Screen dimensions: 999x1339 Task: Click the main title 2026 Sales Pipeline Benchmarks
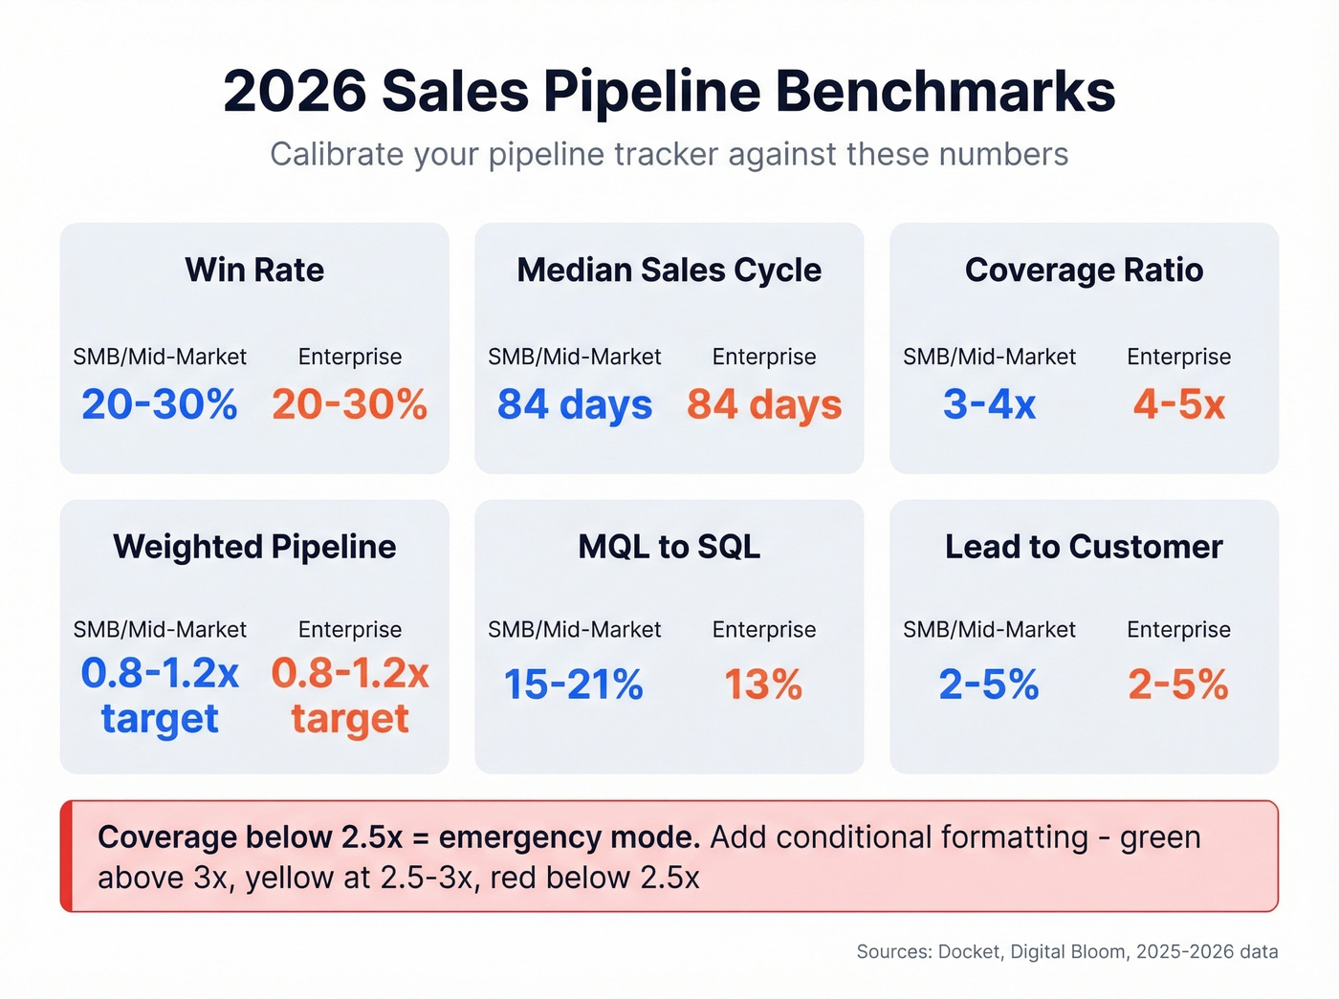669,92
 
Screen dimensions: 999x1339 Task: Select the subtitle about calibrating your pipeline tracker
669,154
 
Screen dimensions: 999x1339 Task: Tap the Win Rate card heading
254,270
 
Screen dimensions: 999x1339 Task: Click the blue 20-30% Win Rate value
160,404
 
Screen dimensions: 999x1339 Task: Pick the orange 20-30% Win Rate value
349,404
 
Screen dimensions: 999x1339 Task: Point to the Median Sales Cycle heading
669,270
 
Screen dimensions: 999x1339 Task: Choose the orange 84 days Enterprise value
764,404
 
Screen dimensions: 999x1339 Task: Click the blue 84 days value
574,404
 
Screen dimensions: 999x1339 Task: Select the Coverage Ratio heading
1084,270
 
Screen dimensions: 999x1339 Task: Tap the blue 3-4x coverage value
989,404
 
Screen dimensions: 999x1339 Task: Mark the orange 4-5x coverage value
1178,404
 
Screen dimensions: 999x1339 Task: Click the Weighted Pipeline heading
254,547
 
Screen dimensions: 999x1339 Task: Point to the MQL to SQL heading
669,547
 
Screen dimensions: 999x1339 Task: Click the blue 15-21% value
574,684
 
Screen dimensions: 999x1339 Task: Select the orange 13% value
763,684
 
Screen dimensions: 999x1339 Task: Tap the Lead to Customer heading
1084,547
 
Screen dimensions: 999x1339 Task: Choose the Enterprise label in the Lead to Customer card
1178,629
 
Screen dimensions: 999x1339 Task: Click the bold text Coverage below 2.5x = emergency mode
399,837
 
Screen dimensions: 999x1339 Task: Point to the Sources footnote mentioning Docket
1066,951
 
